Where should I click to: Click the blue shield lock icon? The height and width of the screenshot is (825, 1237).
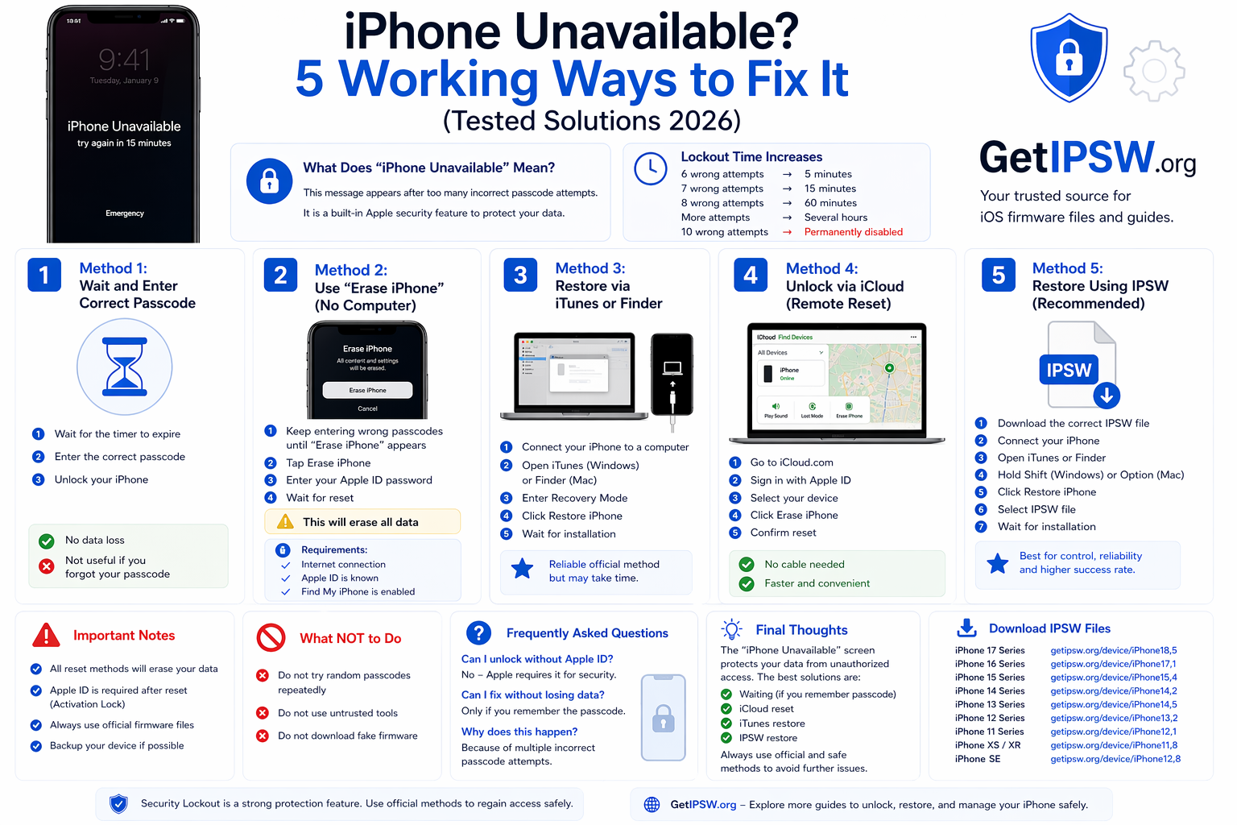(x=1069, y=57)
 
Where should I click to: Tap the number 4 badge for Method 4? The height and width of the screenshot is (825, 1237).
(x=751, y=276)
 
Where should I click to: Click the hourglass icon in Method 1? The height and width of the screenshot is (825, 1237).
(x=125, y=367)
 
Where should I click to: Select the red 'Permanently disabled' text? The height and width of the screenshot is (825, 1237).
(x=853, y=232)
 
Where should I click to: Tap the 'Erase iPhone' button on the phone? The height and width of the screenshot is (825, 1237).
(x=367, y=390)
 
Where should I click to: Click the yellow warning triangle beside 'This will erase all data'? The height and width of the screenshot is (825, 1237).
(x=285, y=522)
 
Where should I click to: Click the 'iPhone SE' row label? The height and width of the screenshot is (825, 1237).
(x=978, y=759)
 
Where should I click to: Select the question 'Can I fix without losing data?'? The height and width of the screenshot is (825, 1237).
(x=532, y=694)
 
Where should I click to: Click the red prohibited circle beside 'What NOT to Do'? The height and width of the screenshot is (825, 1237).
(x=271, y=637)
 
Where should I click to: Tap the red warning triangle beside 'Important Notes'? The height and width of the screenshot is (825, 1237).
(x=46, y=636)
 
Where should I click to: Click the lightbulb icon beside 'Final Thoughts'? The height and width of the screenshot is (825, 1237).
(x=731, y=629)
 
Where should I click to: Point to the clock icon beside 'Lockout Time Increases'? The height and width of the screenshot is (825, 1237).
(x=651, y=168)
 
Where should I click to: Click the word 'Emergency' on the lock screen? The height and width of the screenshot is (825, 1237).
(x=125, y=214)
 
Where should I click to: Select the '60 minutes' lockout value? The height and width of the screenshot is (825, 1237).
(x=830, y=203)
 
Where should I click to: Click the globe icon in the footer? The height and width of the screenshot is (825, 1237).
(x=652, y=804)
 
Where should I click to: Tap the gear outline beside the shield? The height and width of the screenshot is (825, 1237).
(x=1154, y=71)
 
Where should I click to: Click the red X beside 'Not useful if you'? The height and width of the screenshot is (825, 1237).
(x=47, y=566)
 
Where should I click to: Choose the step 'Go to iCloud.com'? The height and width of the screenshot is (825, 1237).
(x=792, y=462)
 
